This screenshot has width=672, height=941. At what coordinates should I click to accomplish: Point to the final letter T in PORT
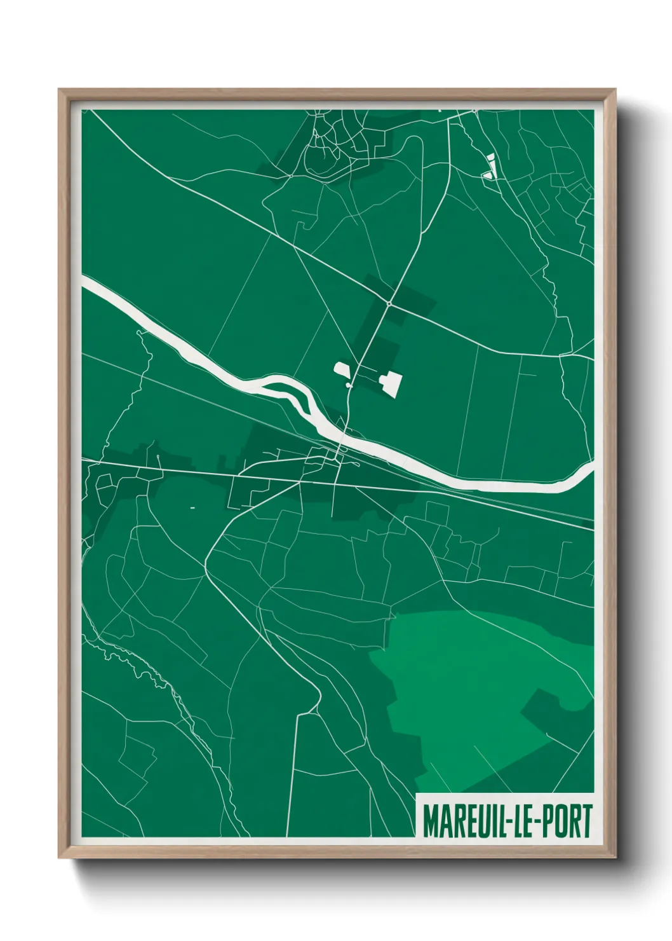[586, 821]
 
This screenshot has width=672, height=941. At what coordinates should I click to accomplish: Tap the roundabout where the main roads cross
[389, 305]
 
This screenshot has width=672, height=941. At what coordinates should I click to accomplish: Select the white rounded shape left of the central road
[342, 369]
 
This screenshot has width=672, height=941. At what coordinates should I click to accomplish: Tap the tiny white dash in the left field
[192, 507]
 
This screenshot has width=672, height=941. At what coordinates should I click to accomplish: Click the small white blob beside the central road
[349, 385]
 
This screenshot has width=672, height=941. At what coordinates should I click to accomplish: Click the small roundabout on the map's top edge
[474, 111]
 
